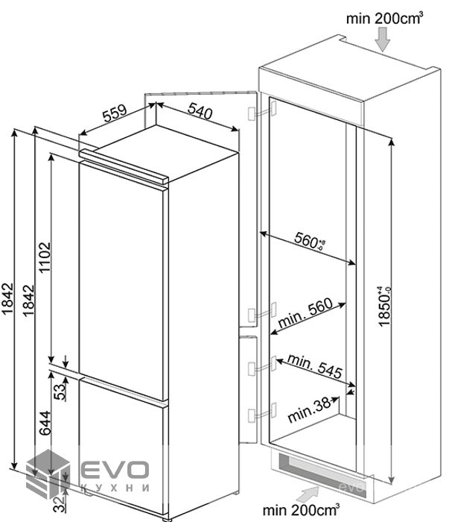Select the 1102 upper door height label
click(44, 258)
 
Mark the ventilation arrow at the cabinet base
click(307, 492)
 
